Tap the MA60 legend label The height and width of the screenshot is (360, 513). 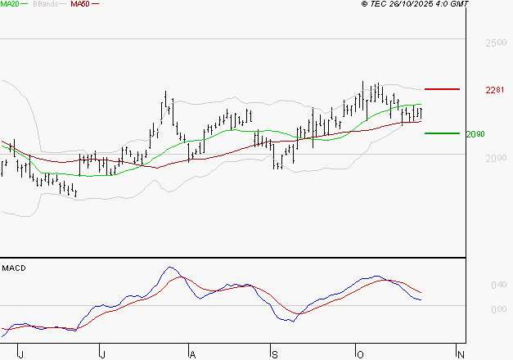pyautogui.click(x=80, y=4)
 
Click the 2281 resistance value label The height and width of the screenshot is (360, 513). pyautogui.click(x=494, y=89)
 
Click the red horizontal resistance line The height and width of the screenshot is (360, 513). pyautogui.click(x=442, y=88)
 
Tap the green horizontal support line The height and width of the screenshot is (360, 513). pyautogui.click(x=442, y=133)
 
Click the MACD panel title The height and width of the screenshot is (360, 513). pyautogui.click(x=12, y=268)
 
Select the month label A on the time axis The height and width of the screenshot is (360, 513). pyautogui.click(x=192, y=353)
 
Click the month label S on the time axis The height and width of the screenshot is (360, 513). pyautogui.click(x=275, y=353)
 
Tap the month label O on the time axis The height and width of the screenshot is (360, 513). pyautogui.click(x=358, y=353)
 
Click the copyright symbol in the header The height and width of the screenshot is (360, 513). pyautogui.click(x=365, y=4)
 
